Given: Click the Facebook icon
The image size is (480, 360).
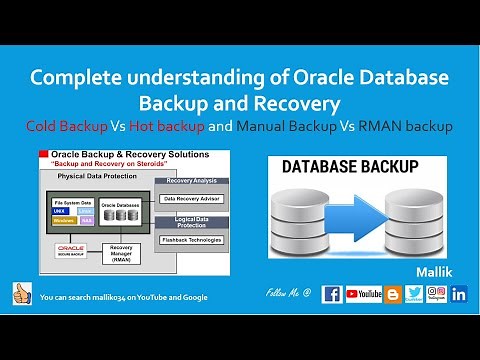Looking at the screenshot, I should click(332, 294).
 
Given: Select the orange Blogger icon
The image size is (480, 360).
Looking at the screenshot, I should click(392, 294).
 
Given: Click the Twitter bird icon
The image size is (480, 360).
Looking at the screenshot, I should click(413, 294).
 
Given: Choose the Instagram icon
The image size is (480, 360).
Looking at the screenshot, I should click(436, 294).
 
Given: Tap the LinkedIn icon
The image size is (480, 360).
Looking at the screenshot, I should click(459, 294).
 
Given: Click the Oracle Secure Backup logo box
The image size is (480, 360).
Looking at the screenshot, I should click(73, 250).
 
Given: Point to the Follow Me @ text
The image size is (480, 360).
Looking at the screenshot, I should click(290, 294).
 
